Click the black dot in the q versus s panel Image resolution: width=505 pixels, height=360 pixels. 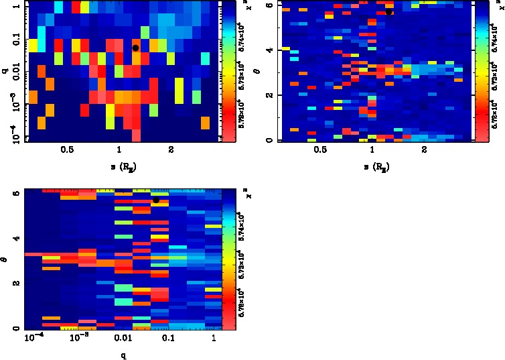click(135, 48)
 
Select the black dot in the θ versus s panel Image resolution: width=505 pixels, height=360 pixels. click(389, 11)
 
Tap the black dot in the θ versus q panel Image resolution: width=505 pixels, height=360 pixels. click(156, 200)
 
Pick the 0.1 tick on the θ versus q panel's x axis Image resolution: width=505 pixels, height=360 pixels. click(167, 338)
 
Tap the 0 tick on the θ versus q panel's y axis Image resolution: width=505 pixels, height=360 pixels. click(16, 328)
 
